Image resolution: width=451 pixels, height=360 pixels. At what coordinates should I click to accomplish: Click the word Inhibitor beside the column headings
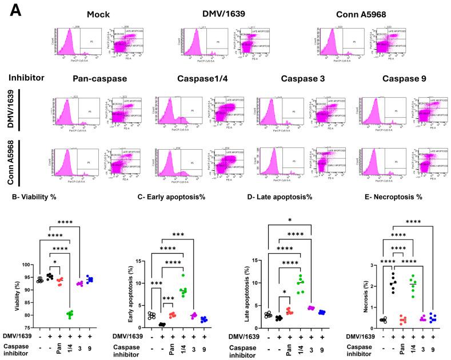pyautogui.click(x=26, y=77)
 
